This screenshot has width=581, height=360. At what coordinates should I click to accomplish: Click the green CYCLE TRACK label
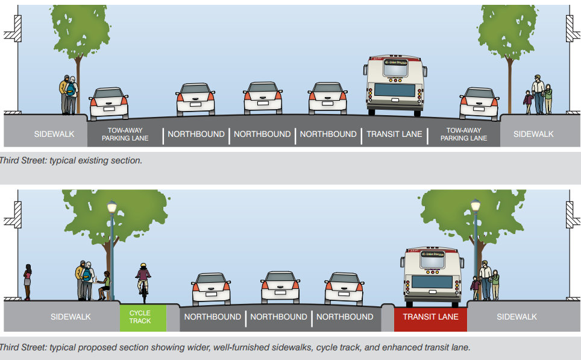[140, 317]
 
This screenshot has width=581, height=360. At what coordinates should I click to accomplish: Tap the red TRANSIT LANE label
[430, 317]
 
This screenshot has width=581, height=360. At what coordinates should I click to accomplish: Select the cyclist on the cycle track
[143, 280]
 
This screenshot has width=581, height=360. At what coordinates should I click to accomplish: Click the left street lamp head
[111, 207]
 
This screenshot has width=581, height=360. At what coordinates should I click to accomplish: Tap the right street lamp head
[476, 206]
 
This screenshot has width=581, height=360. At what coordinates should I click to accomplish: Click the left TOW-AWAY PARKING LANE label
[125, 134]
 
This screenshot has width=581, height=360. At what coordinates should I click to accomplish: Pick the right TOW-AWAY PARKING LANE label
[463, 134]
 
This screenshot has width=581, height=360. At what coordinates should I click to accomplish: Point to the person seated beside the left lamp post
[105, 285]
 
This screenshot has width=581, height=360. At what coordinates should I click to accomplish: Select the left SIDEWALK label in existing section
[54, 134]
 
